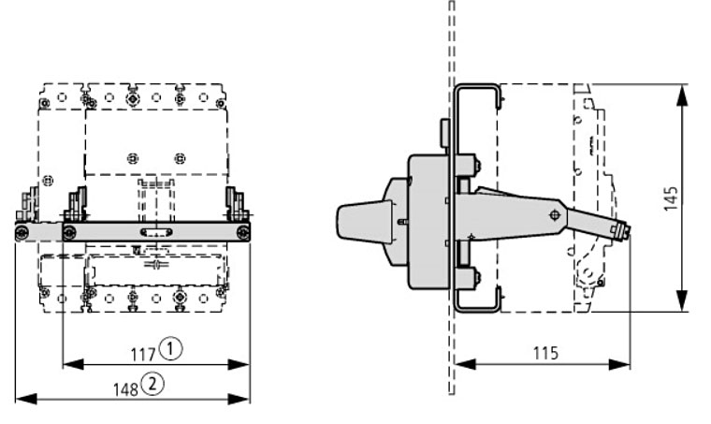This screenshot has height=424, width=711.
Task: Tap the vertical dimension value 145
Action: pyautogui.click(x=671, y=197)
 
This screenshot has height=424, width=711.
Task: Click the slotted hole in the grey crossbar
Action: pyautogui.click(x=155, y=232)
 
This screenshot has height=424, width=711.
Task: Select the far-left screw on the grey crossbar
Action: pyautogui.click(x=22, y=232)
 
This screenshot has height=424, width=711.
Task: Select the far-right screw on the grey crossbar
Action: pyautogui.click(x=243, y=232)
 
